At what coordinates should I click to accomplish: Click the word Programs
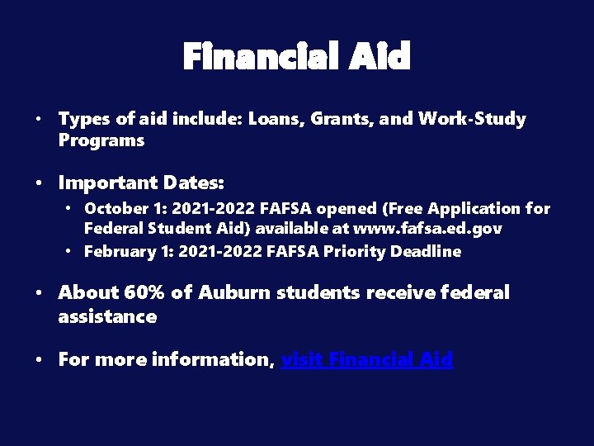[x=101, y=140]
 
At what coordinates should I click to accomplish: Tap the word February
[x=119, y=251]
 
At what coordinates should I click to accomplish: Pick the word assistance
[x=107, y=316]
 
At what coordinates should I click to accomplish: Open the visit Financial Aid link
[x=367, y=359]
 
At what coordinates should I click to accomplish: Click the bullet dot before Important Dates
[x=40, y=183]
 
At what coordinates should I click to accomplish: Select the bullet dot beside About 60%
[x=40, y=293]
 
